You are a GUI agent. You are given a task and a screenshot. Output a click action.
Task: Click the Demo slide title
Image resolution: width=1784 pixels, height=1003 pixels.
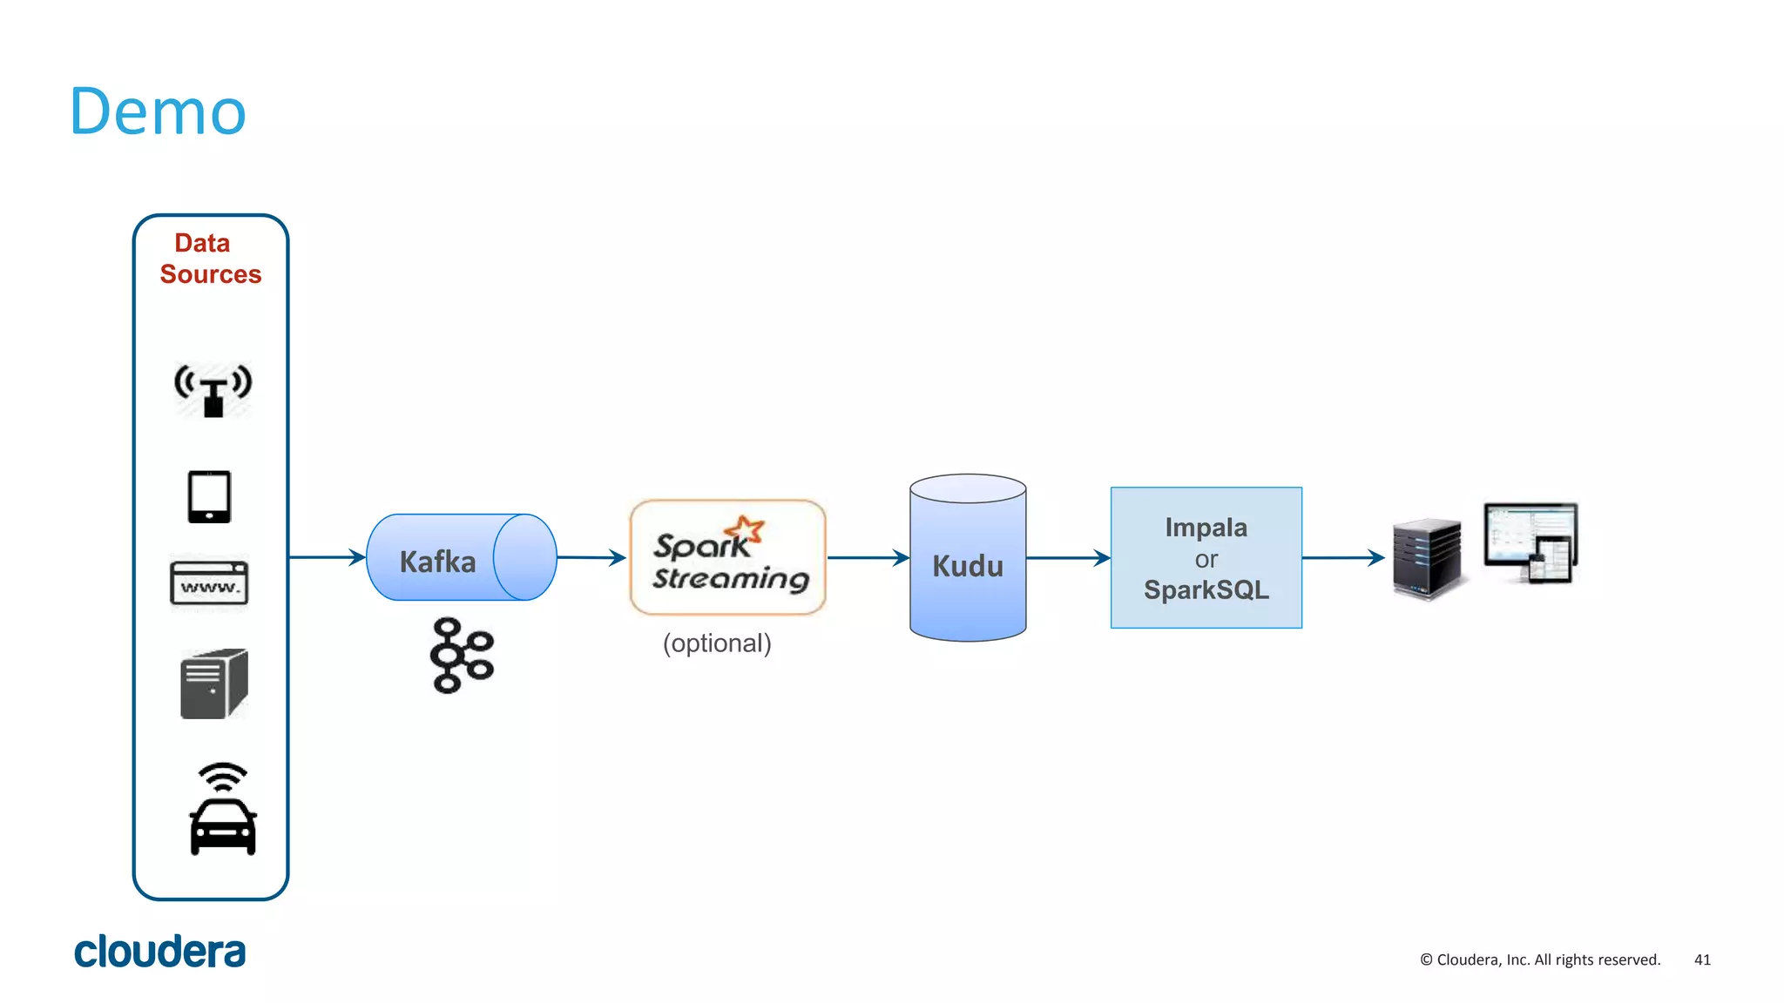click(158, 111)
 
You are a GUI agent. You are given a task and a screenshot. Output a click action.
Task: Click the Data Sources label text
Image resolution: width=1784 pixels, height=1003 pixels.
click(210, 259)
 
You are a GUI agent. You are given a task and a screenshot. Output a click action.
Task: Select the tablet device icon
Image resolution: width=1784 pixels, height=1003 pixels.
click(209, 496)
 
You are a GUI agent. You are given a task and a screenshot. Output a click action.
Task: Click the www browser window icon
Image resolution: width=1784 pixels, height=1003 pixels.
click(209, 582)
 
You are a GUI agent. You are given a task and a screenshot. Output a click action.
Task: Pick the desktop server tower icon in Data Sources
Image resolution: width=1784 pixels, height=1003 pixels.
click(213, 683)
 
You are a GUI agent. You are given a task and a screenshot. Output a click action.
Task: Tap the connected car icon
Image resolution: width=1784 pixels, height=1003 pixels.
click(223, 810)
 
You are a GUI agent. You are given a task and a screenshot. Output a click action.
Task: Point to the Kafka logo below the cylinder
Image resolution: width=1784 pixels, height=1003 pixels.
click(461, 655)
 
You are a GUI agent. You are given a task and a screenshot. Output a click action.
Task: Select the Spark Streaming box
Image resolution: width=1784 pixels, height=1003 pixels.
click(727, 557)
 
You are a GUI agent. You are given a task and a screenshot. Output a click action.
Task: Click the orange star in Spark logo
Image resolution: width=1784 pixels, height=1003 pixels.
click(746, 528)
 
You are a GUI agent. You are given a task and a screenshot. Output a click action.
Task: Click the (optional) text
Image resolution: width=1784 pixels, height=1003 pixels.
click(717, 643)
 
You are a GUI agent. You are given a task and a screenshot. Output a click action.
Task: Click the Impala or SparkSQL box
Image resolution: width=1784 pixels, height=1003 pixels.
click(1206, 558)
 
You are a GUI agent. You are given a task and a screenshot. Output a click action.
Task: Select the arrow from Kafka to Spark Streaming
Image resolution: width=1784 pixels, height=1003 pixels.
click(591, 557)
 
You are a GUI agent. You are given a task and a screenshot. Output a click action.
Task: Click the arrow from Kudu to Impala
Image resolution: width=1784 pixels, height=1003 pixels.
click(1068, 557)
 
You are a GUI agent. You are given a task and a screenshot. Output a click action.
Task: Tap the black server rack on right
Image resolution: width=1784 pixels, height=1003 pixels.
click(1426, 558)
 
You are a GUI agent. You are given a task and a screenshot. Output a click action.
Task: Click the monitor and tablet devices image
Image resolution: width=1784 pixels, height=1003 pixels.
click(1531, 542)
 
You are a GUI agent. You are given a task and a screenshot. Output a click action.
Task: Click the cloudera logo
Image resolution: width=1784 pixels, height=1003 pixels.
click(159, 951)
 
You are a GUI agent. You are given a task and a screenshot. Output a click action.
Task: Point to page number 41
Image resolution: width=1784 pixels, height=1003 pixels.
click(1702, 959)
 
